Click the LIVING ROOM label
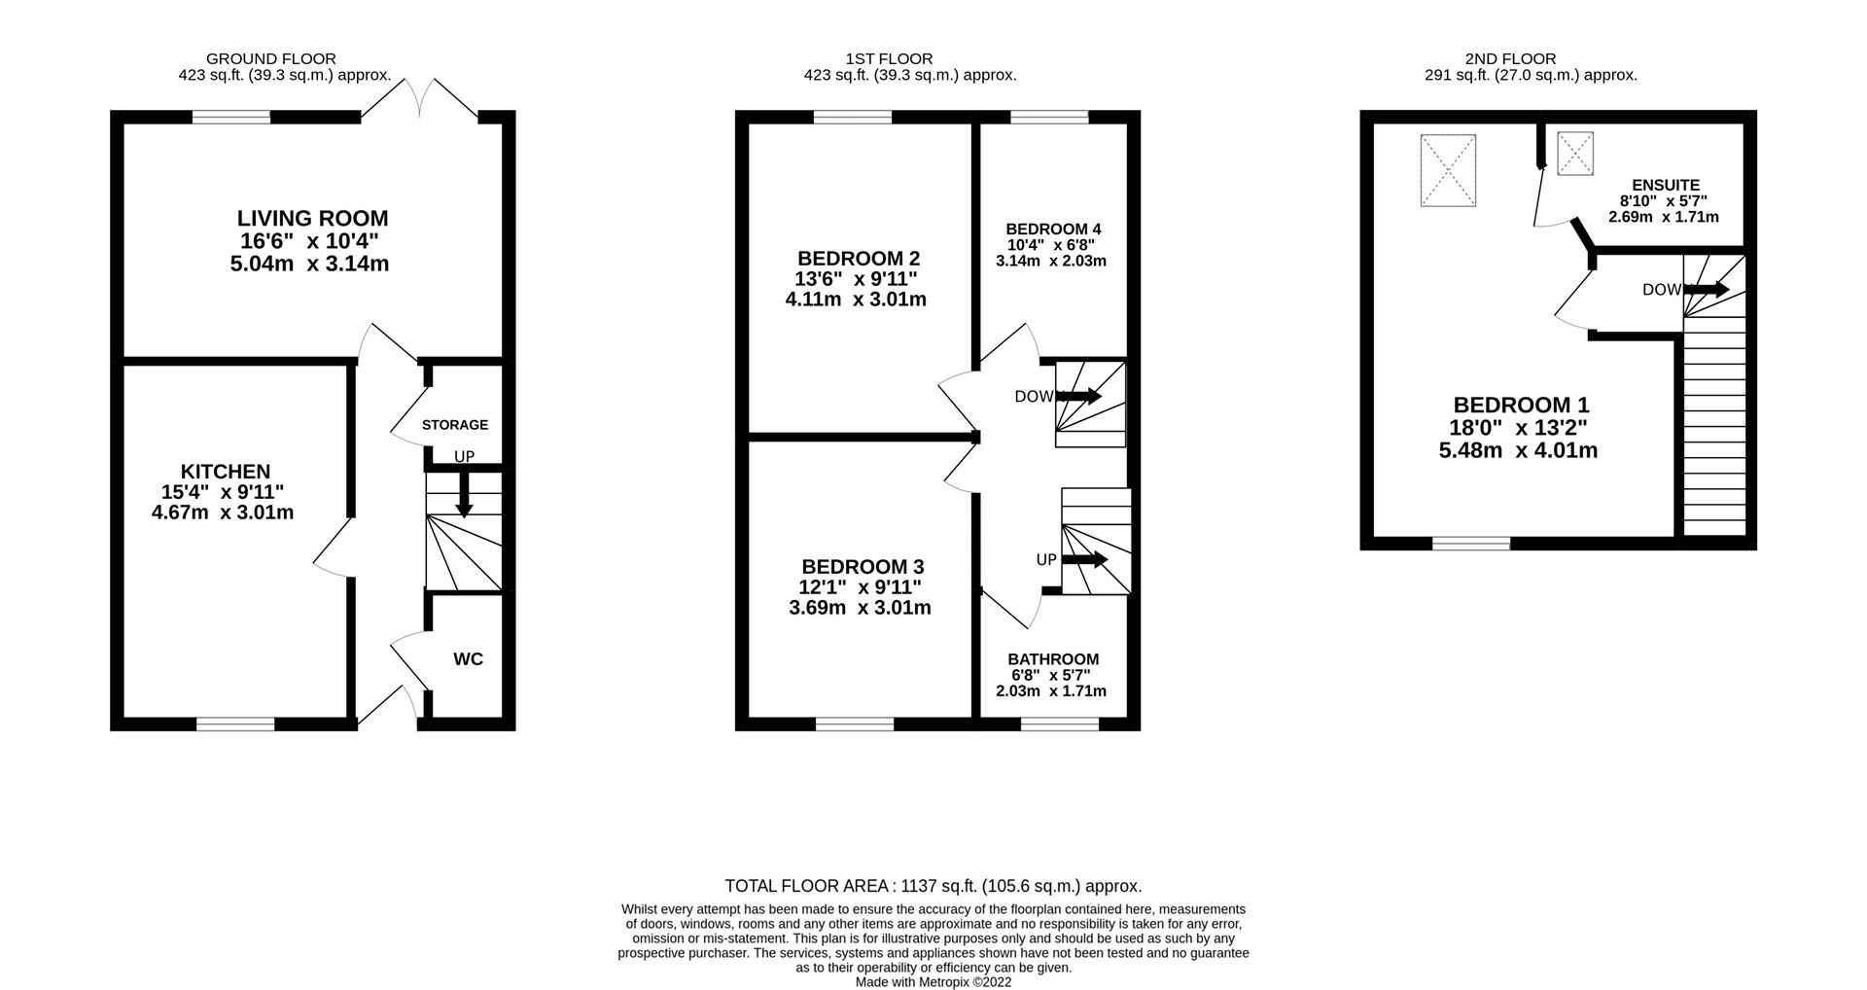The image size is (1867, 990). click(312, 219)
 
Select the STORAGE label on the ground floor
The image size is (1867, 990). click(455, 425)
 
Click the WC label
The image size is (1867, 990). click(468, 659)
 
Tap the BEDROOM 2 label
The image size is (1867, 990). click(859, 259)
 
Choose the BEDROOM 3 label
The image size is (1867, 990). click(863, 567)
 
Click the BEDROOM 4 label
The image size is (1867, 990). click(1053, 230)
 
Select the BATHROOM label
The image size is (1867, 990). click(1053, 659)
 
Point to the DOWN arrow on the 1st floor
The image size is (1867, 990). click(1080, 397)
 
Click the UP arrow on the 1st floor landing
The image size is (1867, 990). click(1085, 559)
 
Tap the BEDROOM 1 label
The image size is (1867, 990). click(1521, 406)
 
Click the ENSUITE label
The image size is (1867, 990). click(1666, 185)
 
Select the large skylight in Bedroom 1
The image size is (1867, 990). click(1449, 170)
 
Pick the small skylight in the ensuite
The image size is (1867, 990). click(1575, 154)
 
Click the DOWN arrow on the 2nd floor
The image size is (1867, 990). click(1707, 289)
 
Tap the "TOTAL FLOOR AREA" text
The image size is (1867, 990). click(809, 886)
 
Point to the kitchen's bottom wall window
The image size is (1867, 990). click(235, 724)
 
